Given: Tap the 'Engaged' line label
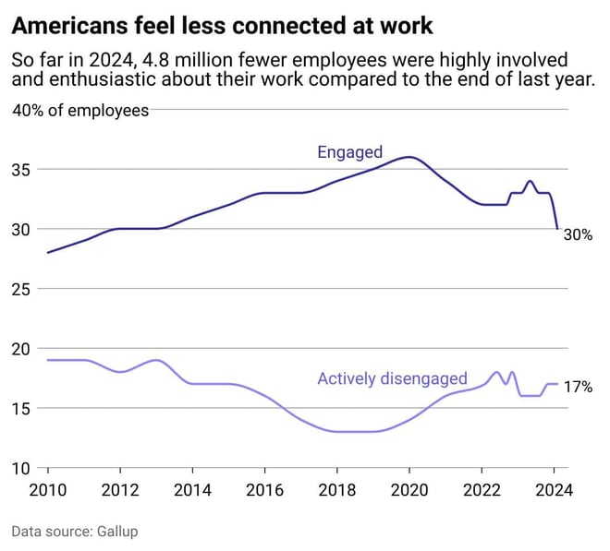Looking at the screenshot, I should point(349,152).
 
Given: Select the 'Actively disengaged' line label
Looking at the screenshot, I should point(392,378).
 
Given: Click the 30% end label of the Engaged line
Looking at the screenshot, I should point(578,235).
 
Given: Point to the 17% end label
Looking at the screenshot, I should point(578,388).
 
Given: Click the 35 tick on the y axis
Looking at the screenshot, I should point(21,170).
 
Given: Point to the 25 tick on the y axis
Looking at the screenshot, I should point(21,289).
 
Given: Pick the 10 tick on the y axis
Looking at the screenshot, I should point(21,468).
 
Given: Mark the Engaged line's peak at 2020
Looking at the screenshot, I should point(409,157).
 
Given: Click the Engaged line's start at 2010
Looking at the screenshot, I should point(47,252).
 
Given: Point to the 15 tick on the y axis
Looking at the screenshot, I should point(21,408).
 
